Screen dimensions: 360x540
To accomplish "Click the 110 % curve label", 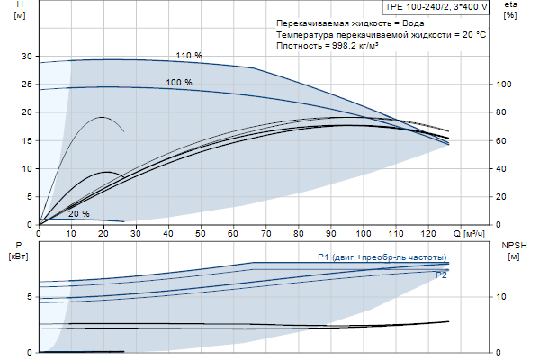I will point(189,56).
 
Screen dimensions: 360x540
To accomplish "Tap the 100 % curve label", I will point(179,83).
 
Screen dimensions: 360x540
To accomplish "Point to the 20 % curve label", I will point(79,214).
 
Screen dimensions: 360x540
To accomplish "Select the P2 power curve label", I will point(441,275).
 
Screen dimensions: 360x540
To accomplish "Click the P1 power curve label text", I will point(382,257).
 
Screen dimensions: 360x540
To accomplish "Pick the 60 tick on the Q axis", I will point(233,232).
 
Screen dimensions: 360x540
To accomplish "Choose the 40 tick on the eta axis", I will point(503,169).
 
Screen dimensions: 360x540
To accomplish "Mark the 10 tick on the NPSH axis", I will point(503,296).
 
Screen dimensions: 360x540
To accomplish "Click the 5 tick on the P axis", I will point(30,296).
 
